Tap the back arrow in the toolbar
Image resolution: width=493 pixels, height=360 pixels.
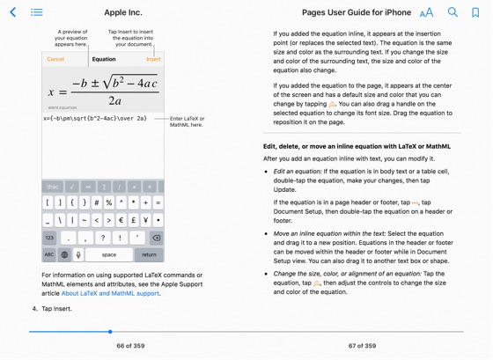click(x=13, y=12)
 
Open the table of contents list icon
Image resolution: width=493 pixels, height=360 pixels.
click(x=37, y=12)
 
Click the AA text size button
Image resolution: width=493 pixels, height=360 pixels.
click(x=426, y=12)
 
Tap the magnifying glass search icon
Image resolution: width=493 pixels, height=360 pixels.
click(x=453, y=12)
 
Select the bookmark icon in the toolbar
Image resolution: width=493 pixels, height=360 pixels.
click(x=475, y=12)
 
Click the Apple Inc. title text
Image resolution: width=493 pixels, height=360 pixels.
click(x=122, y=12)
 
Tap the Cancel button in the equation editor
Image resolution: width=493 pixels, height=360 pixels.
click(x=55, y=59)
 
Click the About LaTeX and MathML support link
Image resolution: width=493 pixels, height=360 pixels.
click(x=110, y=293)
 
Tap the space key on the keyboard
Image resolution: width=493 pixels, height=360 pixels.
click(x=109, y=254)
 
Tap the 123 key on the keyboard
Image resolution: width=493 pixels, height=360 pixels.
click(x=49, y=238)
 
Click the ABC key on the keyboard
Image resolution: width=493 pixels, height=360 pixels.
click(x=49, y=254)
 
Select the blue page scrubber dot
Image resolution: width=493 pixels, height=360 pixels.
click(x=110, y=332)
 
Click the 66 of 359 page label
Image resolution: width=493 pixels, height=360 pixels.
click(x=130, y=346)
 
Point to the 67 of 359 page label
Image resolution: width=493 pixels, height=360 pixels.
click(x=362, y=346)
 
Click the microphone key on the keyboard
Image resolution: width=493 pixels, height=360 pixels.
click(x=78, y=254)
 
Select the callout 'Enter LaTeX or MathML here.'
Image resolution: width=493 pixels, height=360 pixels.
click(x=187, y=121)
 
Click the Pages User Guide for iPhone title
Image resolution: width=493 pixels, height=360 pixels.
click(x=356, y=12)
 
